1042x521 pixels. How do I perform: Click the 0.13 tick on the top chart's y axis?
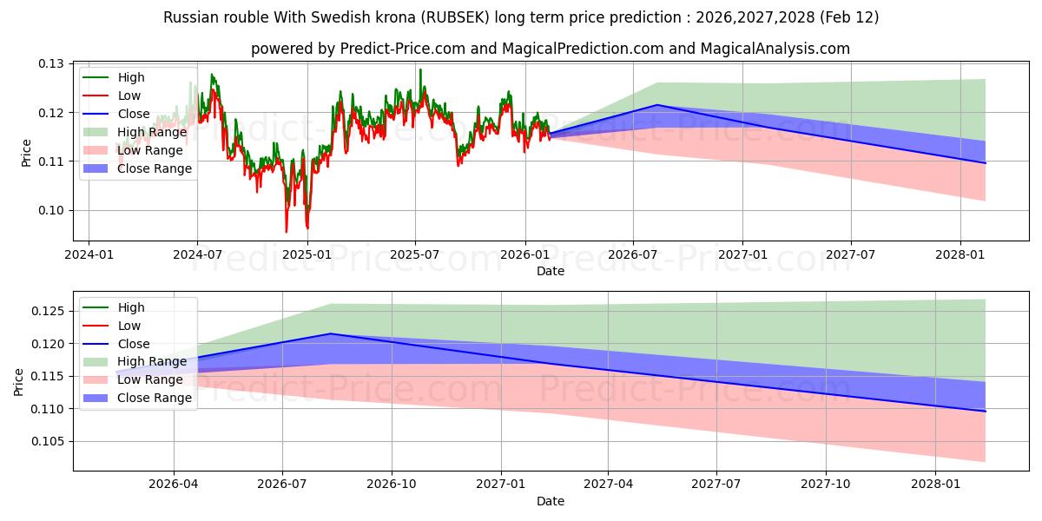pos(52,63)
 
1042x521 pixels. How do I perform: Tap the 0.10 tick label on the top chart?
pos(52,210)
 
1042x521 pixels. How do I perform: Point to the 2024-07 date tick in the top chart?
pos(197,254)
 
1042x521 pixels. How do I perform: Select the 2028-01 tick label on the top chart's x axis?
pos(960,254)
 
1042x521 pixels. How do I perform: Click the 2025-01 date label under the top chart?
pos(307,254)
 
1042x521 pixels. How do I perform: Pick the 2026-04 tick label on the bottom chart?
pos(174,485)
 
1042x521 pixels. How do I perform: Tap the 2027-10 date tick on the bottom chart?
pos(826,485)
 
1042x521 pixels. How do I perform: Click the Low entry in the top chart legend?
pos(129,96)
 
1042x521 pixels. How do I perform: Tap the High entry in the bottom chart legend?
pos(131,307)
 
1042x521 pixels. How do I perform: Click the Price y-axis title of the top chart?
pos(26,153)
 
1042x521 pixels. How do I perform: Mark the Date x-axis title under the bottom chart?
pos(551,501)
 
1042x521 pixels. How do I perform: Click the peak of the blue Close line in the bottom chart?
pos(331,333)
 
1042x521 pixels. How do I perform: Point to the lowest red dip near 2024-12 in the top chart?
pos(287,232)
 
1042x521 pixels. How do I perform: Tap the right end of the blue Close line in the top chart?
pos(986,163)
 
